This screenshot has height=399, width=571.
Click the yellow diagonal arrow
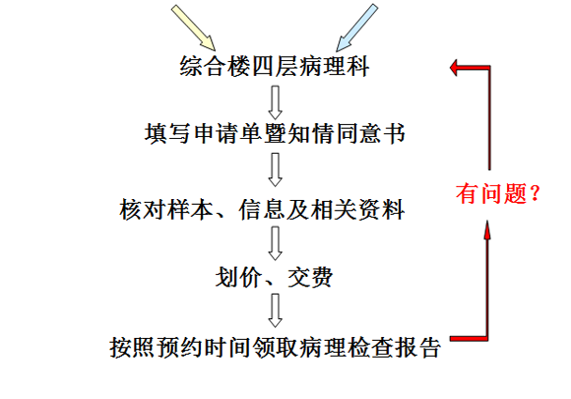pyautogui.click(x=194, y=28)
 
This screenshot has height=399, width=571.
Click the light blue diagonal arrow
pyautogui.click(x=356, y=28)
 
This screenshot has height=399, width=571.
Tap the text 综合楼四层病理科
pyautogui.click(x=275, y=66)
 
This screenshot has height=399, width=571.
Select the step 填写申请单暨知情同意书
pyautogui.click(x=275, y=134)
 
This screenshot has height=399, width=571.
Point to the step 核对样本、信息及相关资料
pyautogui.click(x=262, y=210)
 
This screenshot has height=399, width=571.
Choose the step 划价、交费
pyautogui.click(x=274, y=277)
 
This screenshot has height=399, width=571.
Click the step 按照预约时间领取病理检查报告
pyautogui.click(x=276, y=347)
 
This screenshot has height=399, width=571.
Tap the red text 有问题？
pyautogui.click(x=497, y=193)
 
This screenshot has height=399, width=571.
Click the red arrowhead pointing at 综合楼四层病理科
pyautogui.click(x=454, y=68)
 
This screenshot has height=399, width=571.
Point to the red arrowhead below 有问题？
pyautogui.click(x=487, y=230)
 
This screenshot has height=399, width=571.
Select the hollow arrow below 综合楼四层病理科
pyautogui.click(x=275, y=102)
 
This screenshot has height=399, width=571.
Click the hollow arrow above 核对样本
pyautogui.click(x=275, y=169)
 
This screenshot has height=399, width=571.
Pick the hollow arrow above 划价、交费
pyautogui.click(x=275, y=243)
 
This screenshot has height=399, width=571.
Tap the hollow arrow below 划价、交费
pyautogui.click(x=275, y=310)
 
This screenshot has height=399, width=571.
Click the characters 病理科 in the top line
pyautogui.click(x=335, y=66)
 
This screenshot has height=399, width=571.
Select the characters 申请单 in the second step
pyautogui.click(x=226, y=134)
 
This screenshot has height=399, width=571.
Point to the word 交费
pyautogui.click(x=310, y=277)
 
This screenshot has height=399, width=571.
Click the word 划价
pyautogui.click(x=238, y=277)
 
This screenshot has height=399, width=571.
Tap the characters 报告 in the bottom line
pyautogui.click(x=418, y=347)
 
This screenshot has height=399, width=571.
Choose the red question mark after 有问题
pyautogui.click(x=535, y=193)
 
